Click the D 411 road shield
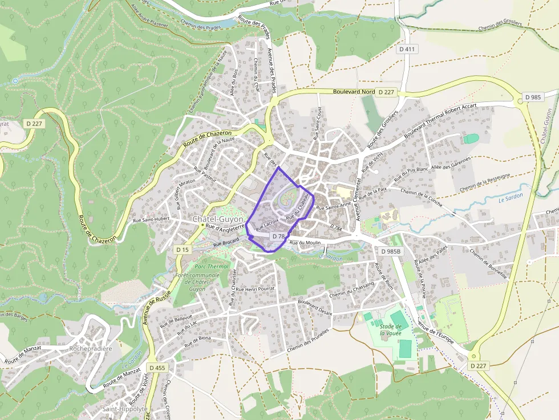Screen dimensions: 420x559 point(407,49)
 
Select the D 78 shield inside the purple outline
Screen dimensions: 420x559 point(278,236)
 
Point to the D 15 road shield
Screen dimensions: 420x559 point(183,250)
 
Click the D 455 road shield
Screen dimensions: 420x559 point(157,368)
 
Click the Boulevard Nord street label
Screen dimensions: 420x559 point(354,91)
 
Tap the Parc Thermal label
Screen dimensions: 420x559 point(211,266)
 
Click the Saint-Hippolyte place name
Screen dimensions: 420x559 point(124,409)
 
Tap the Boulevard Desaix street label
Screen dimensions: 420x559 point(315,308)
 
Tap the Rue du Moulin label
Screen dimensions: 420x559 point(305,243)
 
